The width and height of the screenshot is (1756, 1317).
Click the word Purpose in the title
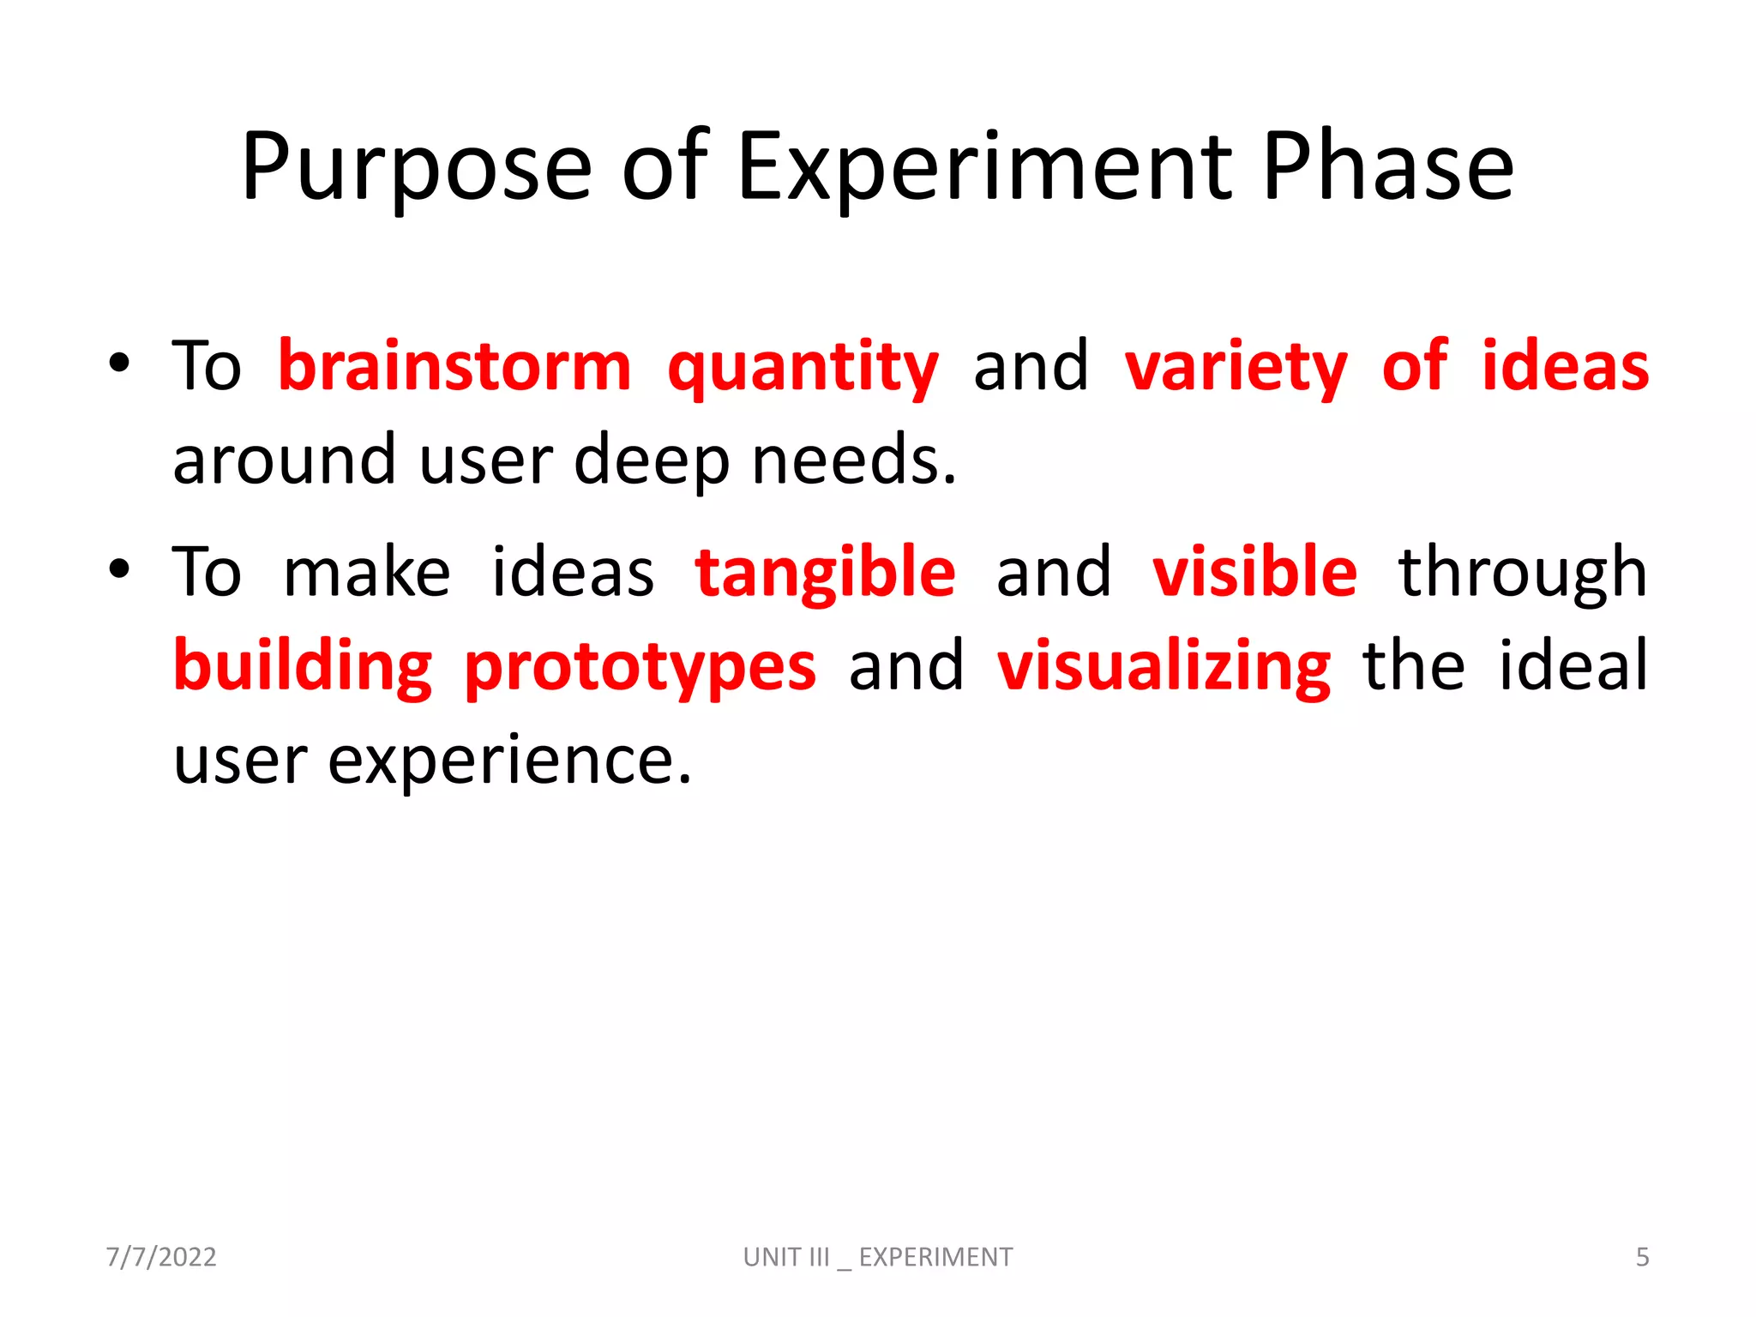click(x=417, y=168)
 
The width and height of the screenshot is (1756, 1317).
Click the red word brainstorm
click(x=455, y=367)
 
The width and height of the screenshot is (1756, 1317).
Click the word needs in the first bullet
click(x=854, y=460)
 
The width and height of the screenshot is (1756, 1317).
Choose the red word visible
click(x=1254, y=572)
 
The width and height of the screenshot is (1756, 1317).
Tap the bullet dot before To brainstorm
click(x=119, y=363)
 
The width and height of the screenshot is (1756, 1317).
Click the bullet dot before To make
click(x=119, y=568)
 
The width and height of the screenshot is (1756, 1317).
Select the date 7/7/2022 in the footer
click(x=161, y=1257)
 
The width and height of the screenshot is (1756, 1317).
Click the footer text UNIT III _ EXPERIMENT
click(x=878, y=1257)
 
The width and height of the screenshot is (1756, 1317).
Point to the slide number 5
click(x=1642, y=1257)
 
